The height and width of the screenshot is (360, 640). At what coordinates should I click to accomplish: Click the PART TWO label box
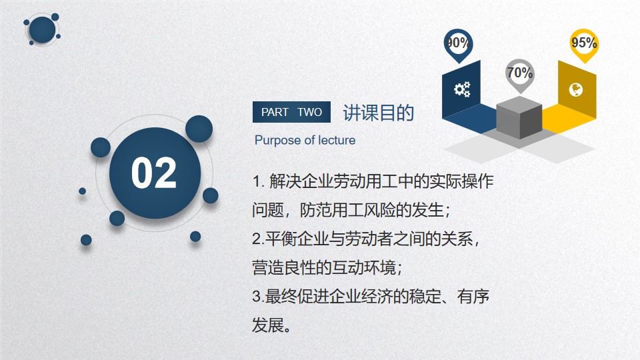pos(291,112)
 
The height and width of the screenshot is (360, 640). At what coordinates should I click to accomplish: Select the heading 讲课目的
pos(379,113)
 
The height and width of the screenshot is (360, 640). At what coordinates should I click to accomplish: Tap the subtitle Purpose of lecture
pos(305,141)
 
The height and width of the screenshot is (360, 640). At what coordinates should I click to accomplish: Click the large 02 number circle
pos(155,173)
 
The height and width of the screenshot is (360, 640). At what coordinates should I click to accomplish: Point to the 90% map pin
pos(458,45)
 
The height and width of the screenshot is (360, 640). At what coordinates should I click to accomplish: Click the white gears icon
pos(462,89)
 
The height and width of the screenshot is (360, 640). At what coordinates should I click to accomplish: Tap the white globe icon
pos(576,90)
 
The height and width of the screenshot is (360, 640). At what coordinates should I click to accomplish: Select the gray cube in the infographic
pos(519,117)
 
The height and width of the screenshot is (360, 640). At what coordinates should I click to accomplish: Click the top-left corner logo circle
pos(42,30)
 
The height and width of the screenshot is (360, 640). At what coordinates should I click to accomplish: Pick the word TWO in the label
pos(310,112)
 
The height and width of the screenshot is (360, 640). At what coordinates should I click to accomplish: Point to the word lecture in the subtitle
pos(337,141)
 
